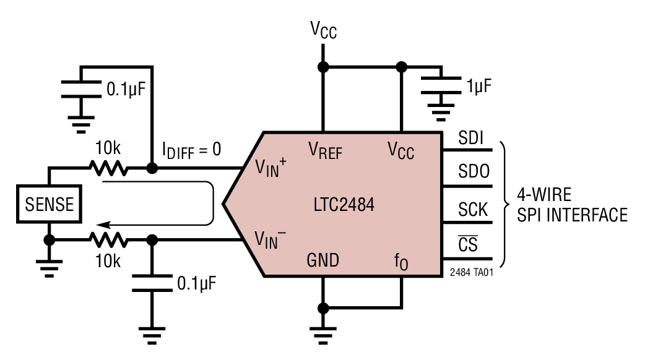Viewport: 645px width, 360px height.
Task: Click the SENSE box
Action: click(x=49, y=203)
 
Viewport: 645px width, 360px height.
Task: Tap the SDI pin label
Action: click(x=471, y=139)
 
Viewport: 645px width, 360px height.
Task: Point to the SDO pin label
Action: click(x=472, y=174)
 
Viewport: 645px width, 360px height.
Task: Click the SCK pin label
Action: click(x=472, y=209)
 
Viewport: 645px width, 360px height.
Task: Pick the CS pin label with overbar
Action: click(x=469, y=244)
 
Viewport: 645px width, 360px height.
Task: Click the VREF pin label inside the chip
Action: click(x=325, y=150)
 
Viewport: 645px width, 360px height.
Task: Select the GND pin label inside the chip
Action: click(x=322, y=260)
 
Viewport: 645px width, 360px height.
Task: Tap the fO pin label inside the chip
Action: click(x=402, y=262)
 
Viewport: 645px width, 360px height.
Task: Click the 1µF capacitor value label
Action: click(x=479, y=86)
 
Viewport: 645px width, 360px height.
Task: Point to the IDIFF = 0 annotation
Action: click(x=191, y=150)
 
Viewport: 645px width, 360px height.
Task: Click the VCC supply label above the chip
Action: click(x=323, y=30)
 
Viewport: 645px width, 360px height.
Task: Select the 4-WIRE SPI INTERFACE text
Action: click(x=565, y=205)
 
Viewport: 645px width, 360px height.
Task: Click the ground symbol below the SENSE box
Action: click(x=49, y=265)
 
